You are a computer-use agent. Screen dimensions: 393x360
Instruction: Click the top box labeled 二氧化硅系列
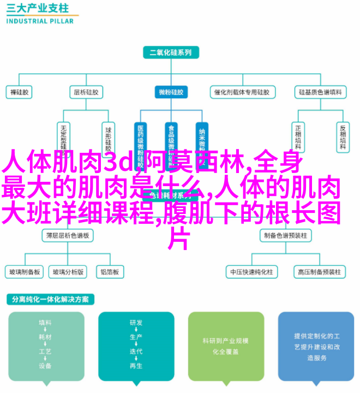coord(171,53)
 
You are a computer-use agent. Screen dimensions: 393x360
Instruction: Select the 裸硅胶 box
coord(19,92)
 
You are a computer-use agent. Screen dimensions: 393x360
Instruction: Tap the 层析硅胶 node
coord(86,92)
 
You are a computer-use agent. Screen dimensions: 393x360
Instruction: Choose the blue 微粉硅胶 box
coord(171,92)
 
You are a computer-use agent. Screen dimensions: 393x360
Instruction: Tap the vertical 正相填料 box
coord(298,136)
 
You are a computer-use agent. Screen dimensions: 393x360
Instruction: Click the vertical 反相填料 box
coord(342,136)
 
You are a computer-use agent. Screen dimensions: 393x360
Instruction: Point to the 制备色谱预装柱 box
coord(285,236)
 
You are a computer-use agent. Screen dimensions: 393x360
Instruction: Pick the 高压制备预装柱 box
coord(319,271)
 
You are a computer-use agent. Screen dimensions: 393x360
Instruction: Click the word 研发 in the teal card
coord(136,323)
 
